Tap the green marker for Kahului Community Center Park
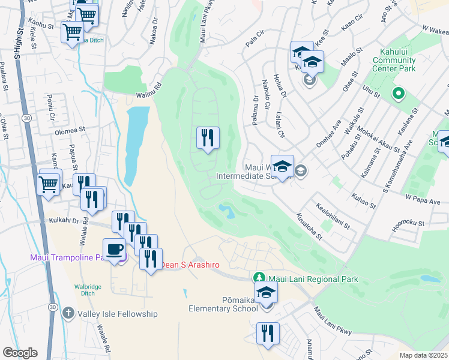click(397, 94)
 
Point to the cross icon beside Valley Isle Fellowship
click(68, 313)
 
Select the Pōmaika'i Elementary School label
click(223, 303)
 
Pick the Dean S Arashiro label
click(190, 265)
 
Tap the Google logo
click(20, 353)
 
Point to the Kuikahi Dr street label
click(64, 221)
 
